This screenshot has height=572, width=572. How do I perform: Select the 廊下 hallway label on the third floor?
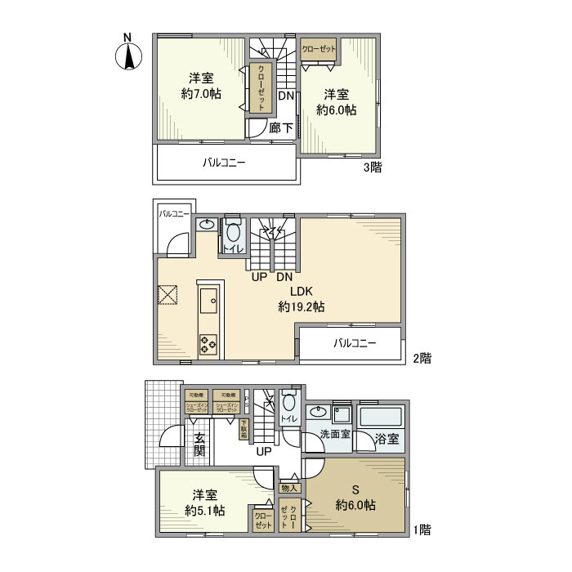click(281, 127)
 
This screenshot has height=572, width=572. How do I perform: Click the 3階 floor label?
click(373, 168)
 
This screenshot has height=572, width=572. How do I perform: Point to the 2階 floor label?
click(421, 358)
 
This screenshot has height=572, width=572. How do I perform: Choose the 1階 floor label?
click(421, 530)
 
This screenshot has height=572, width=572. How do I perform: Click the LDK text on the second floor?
click(302, 292)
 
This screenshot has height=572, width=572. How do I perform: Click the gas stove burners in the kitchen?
click(208, 345)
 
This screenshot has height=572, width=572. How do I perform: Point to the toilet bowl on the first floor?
click(289, 404)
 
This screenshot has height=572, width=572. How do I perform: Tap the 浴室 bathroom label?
click(387, 438)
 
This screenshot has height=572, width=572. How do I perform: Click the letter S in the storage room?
click(355, 489)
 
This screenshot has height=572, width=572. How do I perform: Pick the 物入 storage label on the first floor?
click(290, 488)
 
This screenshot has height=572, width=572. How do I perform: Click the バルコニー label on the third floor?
click(224, 163)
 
